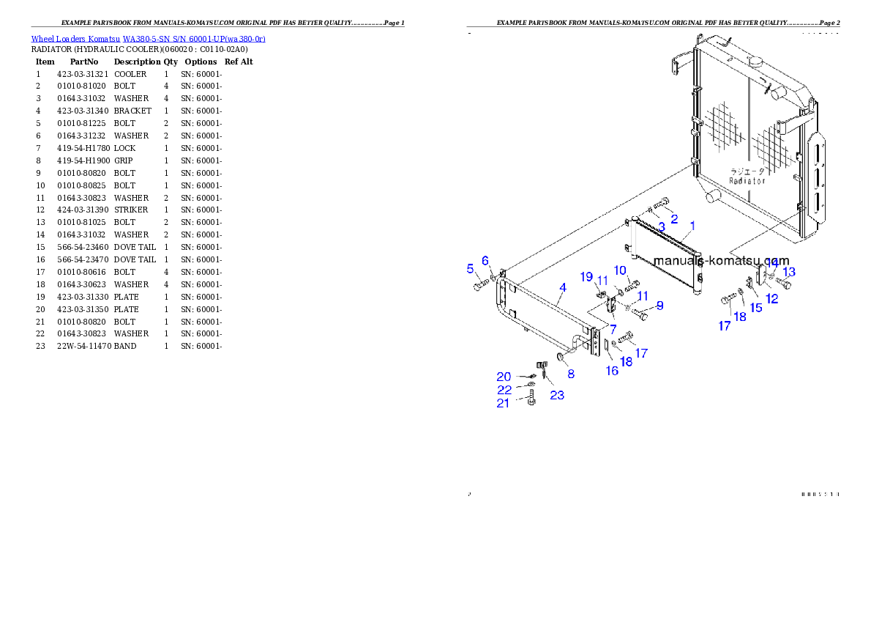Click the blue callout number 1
[692, 226]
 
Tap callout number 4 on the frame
[561, 288]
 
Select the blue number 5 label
[471, 269]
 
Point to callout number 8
[571, 374]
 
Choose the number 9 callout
[659, 306]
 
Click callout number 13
[789, 272]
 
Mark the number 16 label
[612, 371]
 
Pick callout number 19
[586, 276]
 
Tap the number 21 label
[503, 403]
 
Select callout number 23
[557, 395]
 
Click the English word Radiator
[747, 180]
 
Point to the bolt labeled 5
[479, 286]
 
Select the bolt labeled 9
[640, 315]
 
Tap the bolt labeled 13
[783, 283]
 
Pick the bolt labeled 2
[661, 204]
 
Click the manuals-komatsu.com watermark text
[721, 260]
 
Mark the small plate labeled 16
[605, 349]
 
